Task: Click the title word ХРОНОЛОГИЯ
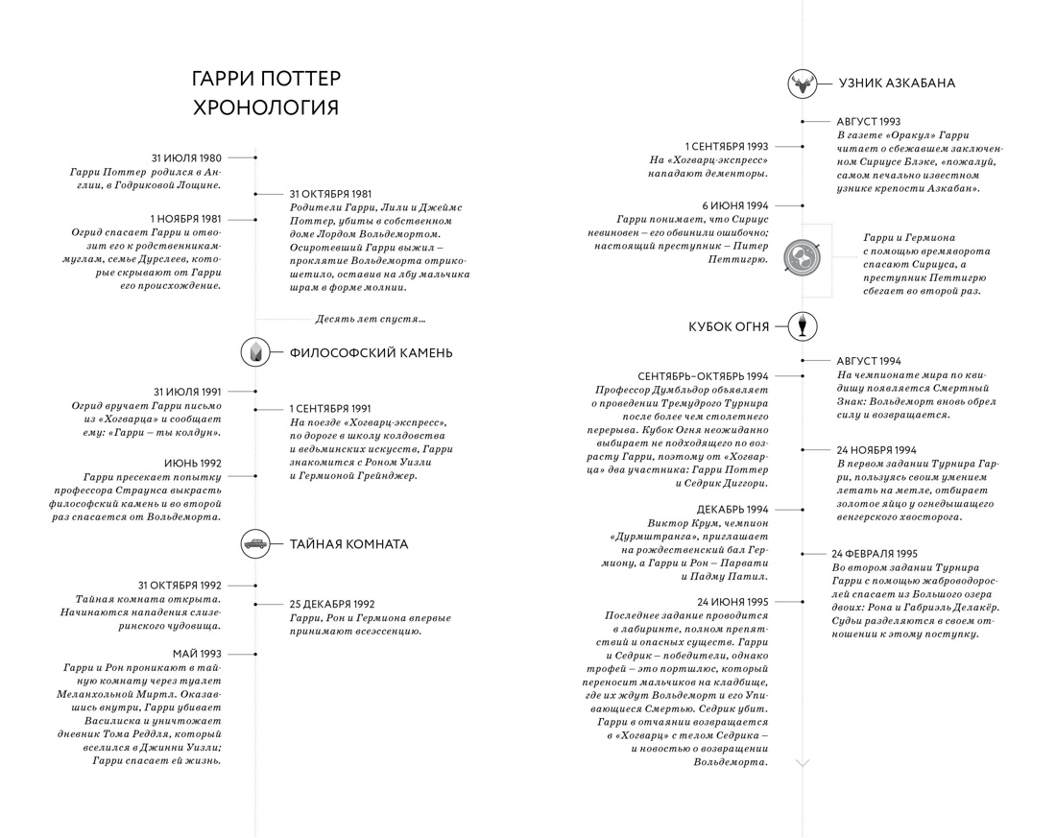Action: click(x=266, y=107)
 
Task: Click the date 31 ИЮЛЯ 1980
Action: click(x=186, y=156)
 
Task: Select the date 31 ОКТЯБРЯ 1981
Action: click(x=330, y=194)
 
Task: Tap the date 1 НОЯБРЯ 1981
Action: click(x=186, y=219)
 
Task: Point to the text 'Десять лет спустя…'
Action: click(x=371, y=319)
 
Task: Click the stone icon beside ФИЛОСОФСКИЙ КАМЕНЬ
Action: click(x=255, y=352)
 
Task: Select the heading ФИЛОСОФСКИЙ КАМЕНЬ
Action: click(x=371, y=353)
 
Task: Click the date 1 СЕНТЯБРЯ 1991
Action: click(x=330, y=409)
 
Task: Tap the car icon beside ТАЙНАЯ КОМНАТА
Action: click(x=255, y=543)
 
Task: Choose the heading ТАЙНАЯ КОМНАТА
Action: click(x=349, y=544)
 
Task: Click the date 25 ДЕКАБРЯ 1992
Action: click(x=332, y=604)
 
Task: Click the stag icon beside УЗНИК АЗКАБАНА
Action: click(x=803, y=84)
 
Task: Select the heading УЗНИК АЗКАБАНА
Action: click(x=897, y=84)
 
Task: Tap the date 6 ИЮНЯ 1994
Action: click(x=735, y=205)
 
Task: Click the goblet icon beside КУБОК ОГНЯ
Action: click(x=803, y=325)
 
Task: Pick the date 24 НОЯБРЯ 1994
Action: click(x=876, y=450)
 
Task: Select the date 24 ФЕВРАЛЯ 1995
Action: click(x=875, y=554)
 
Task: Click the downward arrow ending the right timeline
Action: click(x=803, y=763)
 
